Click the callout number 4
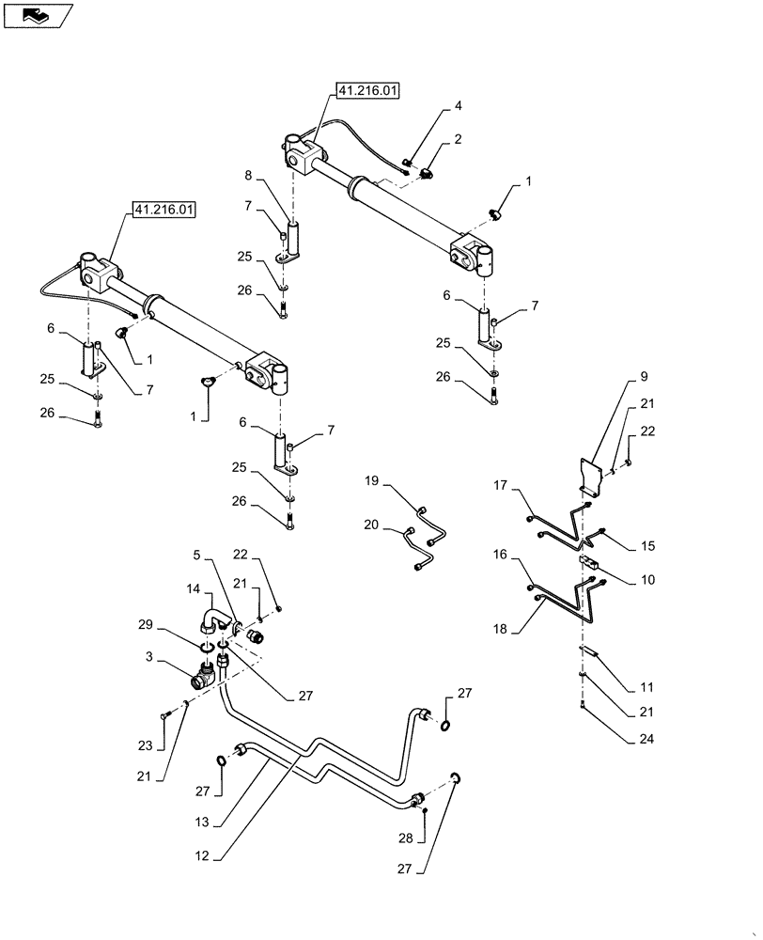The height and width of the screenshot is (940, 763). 458,105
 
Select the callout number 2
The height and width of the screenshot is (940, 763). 458,139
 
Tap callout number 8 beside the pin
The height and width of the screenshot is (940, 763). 248,175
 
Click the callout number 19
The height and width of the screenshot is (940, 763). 372,481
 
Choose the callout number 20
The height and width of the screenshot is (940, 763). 372,525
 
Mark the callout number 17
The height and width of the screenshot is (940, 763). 501,486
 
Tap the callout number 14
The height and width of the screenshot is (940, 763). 193,588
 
